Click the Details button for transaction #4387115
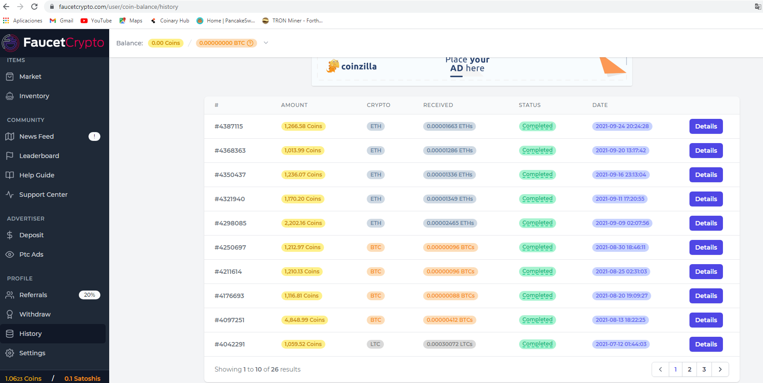pyautogui.click(x=706, y=126)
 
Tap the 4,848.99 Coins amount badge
pyautogui.click(x=304, y=320)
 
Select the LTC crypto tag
pyautogui.click(x=375, y=344)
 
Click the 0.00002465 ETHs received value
pyautogui.click(x=450, y=223)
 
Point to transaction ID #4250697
pyautogui.click(x=230, y=247)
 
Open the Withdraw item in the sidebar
pyautogui.click(x=35, y=314)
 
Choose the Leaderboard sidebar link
pyautogui.click(x=39, y=156)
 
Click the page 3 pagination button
pyautogui.click(x=704, y=369)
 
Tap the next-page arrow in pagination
pyautogui.click(x=720, y=369)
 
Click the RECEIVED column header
pyautogui.click(x=438, y=105)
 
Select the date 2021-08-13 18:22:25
pyautogui.click(x=620, y=320)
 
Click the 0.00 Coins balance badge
pyautogui.click(x=166, y=43)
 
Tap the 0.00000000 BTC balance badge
pyautogui.click(x=226, y=43)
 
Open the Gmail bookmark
pyautogui.click(x=62, y=21)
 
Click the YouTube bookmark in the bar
pyautogui.click(x=96, y=21)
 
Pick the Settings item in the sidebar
pyautogui.click(x=32, y=353)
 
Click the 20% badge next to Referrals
pyautogui.click(x=89, y=295)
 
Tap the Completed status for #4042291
pyautogui.click(x=537, y=344)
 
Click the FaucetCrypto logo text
pyautogui.click(x=64, y=42)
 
